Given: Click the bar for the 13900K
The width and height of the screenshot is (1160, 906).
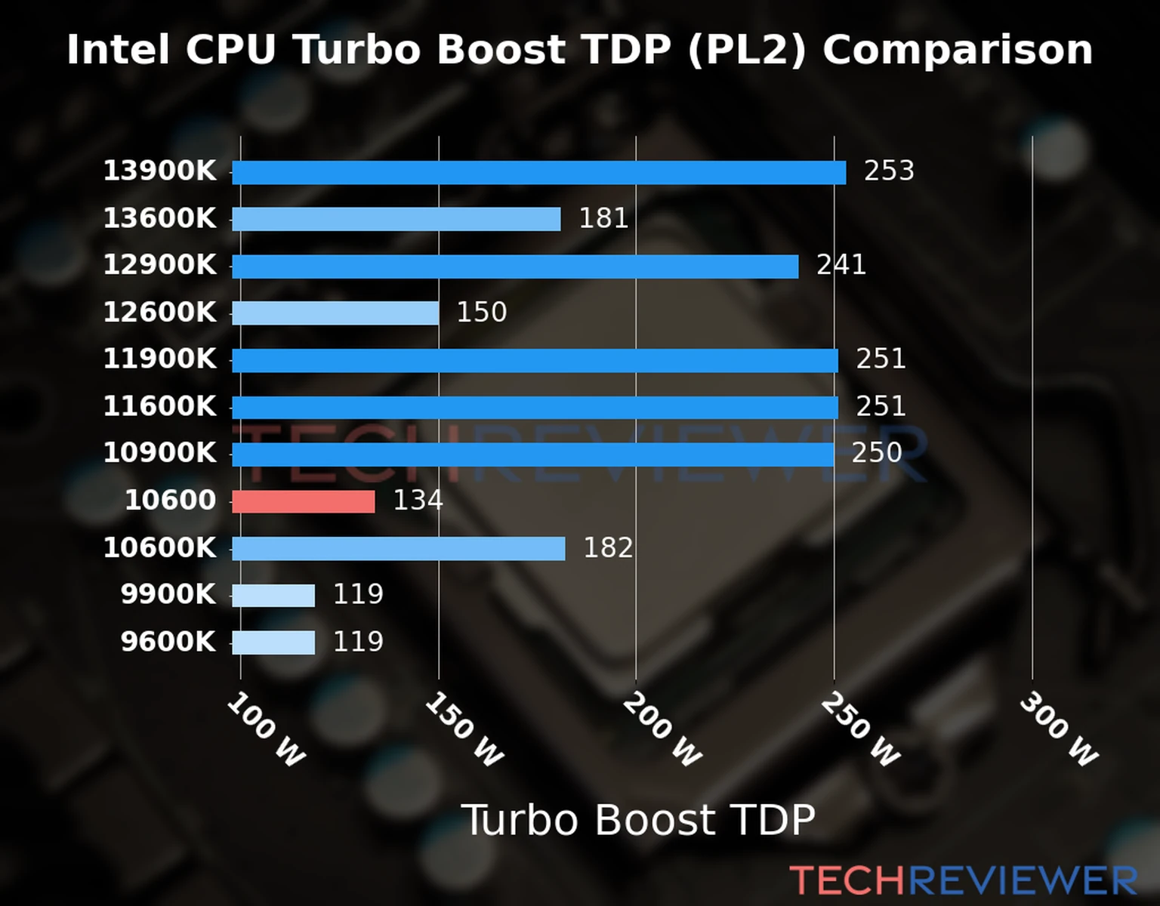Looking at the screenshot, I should (538, 173).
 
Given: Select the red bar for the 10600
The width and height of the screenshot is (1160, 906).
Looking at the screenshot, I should (303, 501).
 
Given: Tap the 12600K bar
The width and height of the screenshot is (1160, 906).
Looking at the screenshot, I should (335, 313).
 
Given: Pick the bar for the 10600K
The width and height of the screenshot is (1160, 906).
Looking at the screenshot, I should (398, 549).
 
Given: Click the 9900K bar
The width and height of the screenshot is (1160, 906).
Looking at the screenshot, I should (273, 596).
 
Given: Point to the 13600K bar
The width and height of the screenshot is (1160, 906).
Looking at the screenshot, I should (396, 220).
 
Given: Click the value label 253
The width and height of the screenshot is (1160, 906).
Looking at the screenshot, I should (889, 171).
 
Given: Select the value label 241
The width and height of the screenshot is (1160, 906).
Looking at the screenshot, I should (841, 265).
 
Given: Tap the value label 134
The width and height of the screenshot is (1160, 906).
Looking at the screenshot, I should (418, 501).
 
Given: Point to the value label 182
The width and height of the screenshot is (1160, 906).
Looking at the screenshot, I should (608, 548).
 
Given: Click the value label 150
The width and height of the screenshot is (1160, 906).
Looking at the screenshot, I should (481, 313).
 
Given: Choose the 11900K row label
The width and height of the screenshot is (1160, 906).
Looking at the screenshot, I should (159, 359).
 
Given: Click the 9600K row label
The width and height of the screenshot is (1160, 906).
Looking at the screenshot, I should (168, 643).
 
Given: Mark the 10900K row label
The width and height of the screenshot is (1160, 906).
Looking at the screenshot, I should (159, 454).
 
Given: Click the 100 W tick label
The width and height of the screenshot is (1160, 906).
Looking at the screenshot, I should (266, 730).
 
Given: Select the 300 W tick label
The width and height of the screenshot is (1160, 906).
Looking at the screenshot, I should (1058, 730).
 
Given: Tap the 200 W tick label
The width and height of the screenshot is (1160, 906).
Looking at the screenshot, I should (662, 730).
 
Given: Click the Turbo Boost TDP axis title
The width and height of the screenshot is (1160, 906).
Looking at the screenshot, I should (638, 820).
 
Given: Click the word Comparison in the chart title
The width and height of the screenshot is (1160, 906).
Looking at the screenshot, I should (958, 51).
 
